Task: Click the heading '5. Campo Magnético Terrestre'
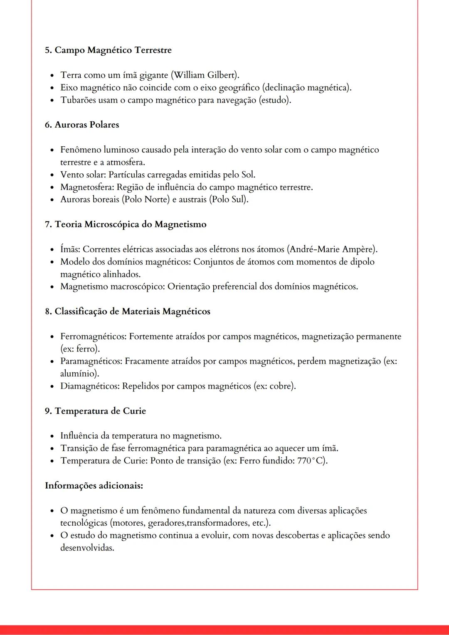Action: [x=108, y=50]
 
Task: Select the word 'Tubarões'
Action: [x=78, y=100]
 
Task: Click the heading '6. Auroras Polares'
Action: [x=82, y=125]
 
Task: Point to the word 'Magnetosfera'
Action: [x=86, y=187]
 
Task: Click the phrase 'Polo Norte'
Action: [x=146, y=199]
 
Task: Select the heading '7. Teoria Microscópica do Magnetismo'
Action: [x=126, y=224]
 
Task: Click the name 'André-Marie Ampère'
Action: [x=332, y=249]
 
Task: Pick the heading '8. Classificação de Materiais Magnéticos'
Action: [x=128, y=312]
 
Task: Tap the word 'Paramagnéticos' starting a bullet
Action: [x=91, y=362]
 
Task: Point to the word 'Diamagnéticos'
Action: [x=90, y=386]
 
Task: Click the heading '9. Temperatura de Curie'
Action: [x=96, y=411]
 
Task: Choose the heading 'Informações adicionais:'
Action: [x=94, y=486]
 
